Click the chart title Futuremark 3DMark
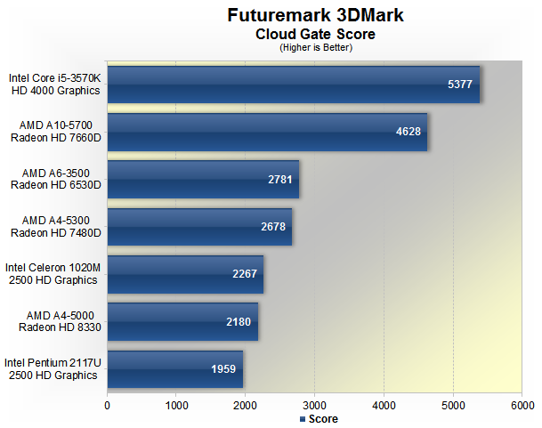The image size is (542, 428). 315,16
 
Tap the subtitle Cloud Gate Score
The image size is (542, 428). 315,34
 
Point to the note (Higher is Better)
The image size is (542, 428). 315,47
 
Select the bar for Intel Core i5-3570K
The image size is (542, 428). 293,85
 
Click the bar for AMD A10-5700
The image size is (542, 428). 267,132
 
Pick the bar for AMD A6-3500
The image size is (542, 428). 203,179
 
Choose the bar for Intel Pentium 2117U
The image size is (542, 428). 174,369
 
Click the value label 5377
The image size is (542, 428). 461,85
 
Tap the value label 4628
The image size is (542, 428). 409,133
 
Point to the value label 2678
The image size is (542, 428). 274,227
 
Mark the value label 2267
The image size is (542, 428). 246,274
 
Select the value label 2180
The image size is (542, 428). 239,321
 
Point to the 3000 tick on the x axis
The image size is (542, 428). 315,405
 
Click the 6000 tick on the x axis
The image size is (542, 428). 522,405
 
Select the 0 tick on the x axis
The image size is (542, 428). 108,405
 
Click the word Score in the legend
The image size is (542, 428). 323,418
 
